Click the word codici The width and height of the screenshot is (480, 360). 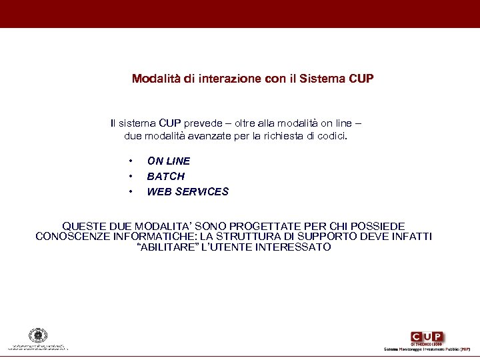pyautogui.click(x=332, y=136)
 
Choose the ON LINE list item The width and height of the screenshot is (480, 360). pyautogui.click(x=168, y=161)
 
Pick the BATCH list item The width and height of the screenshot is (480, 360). pyautogui.click(x=165, y=176)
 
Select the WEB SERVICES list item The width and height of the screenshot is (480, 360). pyautogui.click(x=187, y=191)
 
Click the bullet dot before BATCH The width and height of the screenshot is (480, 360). pyautogui.click(x=131, y=177)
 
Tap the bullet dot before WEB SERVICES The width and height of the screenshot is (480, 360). pyautogui.click(x=131, y=192)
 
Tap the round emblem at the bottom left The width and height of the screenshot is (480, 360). pyautogui.click(x=37, y=335)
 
